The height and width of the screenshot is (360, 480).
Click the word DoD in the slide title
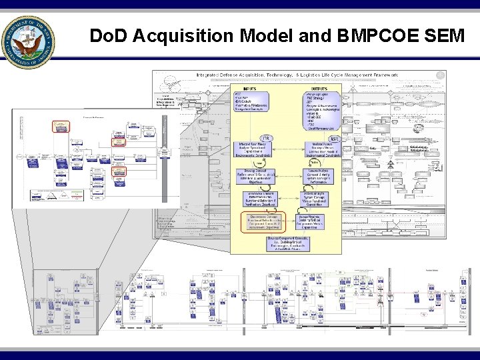point(108,35)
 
